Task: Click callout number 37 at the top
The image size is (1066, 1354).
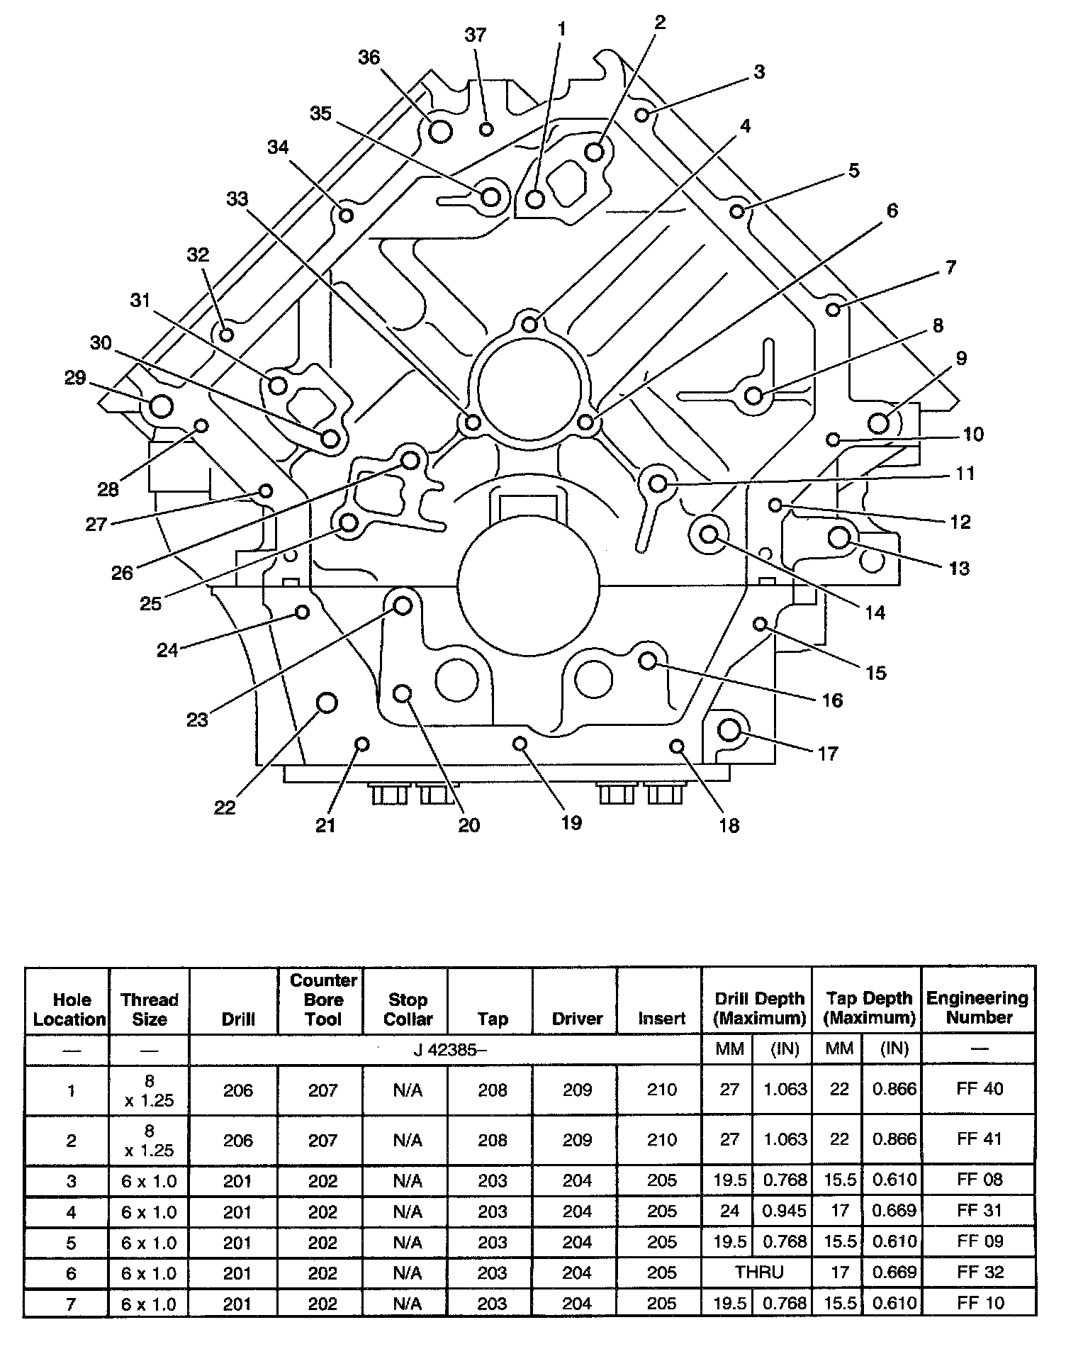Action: point(476,34)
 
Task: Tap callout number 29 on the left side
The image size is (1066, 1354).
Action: point(75,377)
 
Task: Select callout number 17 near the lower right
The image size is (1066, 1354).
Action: point(828,753)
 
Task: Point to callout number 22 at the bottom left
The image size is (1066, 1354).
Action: point(225,807)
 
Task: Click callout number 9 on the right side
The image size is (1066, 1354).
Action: point(960,358)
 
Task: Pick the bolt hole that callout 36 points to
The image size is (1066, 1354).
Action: point(440,131)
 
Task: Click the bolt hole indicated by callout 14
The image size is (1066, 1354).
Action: point(709,534)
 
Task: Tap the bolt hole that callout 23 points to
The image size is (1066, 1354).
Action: point(403,605)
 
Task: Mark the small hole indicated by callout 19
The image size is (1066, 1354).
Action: point(520,743)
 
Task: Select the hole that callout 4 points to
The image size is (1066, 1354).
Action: point(529,325)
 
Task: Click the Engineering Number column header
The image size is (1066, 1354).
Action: point(978,1007)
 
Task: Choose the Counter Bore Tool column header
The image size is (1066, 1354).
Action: point(322,1000)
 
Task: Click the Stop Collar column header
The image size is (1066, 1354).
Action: point(408,1009)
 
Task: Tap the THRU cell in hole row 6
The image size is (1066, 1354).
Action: point(759,1272)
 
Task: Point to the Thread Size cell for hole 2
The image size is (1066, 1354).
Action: point(150,1140)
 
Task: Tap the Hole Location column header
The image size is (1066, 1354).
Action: point(72,1009)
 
